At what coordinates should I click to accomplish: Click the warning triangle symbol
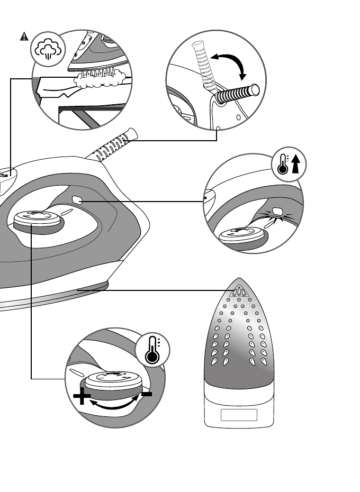pyautogui.click(x=24, y=37)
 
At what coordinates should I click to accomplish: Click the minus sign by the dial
pyautogui.click(x=147, y=394)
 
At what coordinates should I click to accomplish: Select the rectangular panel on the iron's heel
pyautogui.click(x=239, y=416)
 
